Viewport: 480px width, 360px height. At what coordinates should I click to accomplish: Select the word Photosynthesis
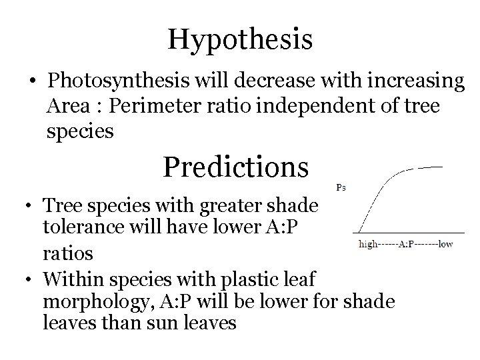(118, 82)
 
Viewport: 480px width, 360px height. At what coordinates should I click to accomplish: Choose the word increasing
(408, 82)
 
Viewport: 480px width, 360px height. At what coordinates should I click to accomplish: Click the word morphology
(97, 301)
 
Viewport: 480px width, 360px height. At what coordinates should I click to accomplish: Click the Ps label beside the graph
(340, 187)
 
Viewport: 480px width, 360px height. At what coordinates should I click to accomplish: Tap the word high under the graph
(371, 244)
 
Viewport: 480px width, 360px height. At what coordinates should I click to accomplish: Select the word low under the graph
(445, 244)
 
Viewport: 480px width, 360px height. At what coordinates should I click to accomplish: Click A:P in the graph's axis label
(409, 244)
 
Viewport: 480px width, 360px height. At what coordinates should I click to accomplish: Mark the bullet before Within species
(31, 279)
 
